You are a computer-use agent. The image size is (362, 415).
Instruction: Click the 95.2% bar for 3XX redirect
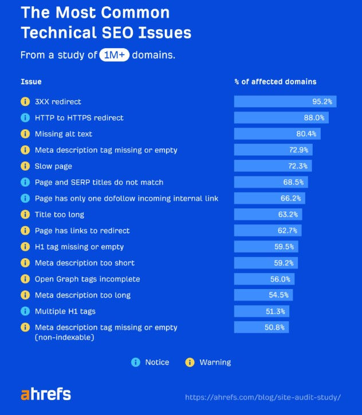tap(285, 101)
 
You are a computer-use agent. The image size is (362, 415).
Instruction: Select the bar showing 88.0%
tap(281, 117)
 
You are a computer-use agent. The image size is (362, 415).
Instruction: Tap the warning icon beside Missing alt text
tap(25, 134)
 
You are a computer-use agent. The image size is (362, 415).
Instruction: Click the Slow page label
tap(53, 166)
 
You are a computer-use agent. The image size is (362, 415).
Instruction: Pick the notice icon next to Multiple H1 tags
tap(25, 311)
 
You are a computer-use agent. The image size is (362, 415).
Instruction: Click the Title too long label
tap(59, 215)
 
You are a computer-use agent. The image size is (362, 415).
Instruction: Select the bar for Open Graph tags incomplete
tap(264, 279)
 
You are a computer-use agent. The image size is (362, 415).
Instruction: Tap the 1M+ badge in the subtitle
tap(113, 56)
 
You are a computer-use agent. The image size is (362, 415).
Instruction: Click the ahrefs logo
tap(46, 394)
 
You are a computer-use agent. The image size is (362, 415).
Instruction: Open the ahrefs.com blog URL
tap(263, 397)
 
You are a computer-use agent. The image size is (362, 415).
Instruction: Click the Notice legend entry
tap(151, 362)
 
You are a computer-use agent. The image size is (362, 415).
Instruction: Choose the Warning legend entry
tap(208, 362)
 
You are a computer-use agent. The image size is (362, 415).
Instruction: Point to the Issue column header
tap(31, 82)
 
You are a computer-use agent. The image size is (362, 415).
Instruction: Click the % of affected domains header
tap(275, 82)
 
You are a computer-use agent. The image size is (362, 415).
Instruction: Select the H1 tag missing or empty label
tap(79, 247)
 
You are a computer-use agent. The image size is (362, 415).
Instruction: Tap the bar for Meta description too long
tap(263, 295)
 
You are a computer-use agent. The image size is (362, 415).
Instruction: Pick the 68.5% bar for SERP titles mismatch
tap(271, 182)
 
